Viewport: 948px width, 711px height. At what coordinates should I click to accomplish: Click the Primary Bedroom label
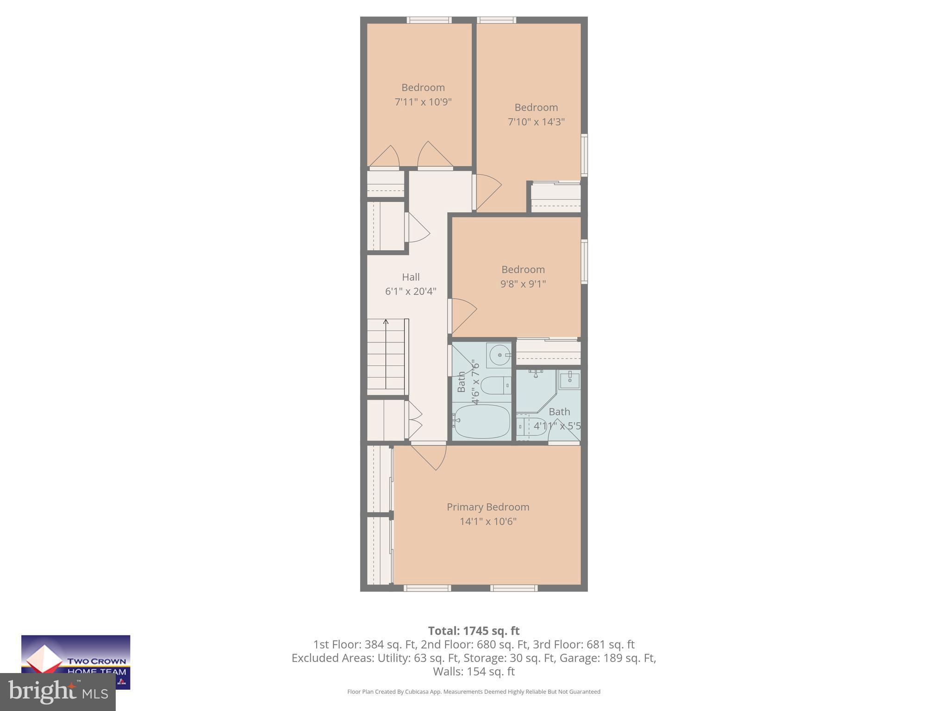pyautogui.click(x=488, y=507)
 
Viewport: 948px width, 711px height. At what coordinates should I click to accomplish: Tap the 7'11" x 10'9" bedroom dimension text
pyautogui.click(x=423, y=102)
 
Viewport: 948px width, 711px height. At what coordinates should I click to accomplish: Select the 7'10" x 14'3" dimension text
pyautogui.click(x=536, y=122)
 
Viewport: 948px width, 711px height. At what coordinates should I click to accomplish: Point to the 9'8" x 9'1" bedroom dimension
pyautogui.click(x=523, y=284)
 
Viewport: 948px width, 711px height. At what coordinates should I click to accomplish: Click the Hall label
pyautogui.click(x=411, y=277)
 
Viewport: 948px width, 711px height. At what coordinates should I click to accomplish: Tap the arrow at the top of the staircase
pyautogui.click(x=386, y=322)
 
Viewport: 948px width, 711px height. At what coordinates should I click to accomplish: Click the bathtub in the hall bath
pyautogui.click(x=482, y=421)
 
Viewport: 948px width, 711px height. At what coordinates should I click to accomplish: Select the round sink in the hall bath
pyautogui.click(x=498, y=355)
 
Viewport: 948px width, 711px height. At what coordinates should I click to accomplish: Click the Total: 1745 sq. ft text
pyautogui.click(x=474, y=631)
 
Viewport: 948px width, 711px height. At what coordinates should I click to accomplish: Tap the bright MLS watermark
pyautogui.click(x=58, y=692)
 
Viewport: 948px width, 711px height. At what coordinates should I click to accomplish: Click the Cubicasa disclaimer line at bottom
pyautogui.click(x=474, y=692)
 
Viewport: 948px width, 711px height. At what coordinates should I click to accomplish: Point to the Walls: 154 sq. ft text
pyautogui.click(x=474, y=671)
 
